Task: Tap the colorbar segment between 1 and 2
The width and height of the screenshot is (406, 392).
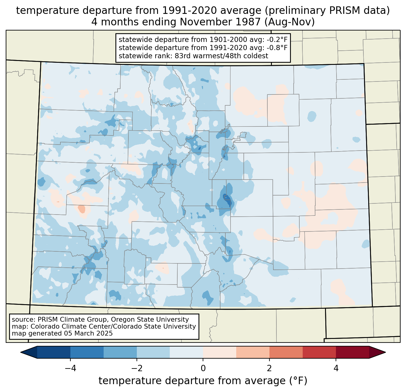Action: coord(253,352)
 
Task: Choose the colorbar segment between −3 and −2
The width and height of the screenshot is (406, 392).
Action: coord(120,352)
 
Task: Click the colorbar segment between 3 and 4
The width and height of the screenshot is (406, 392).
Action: coord(319,352)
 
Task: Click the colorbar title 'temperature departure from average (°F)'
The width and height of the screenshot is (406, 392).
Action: coord(203,381)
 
